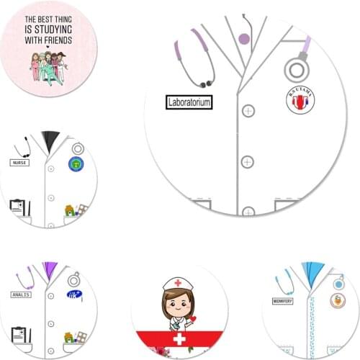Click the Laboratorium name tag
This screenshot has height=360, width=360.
tap(189, 103)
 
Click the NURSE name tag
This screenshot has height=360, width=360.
tap(19, 163)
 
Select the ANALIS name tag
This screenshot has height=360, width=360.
tap(21, 294)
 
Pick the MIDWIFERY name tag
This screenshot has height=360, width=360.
tap(282, 300)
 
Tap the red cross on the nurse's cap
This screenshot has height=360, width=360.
tap(177, 283)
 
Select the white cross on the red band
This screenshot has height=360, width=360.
tap(175, 338)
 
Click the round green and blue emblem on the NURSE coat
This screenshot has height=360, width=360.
tap(75, 164)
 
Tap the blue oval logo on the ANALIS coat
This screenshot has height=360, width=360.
tap(74, 294)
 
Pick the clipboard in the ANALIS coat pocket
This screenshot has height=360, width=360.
tap(19, 335)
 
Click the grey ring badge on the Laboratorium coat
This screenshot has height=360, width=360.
tap(296, 71)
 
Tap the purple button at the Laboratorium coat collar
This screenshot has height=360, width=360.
tap(244, 38)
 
